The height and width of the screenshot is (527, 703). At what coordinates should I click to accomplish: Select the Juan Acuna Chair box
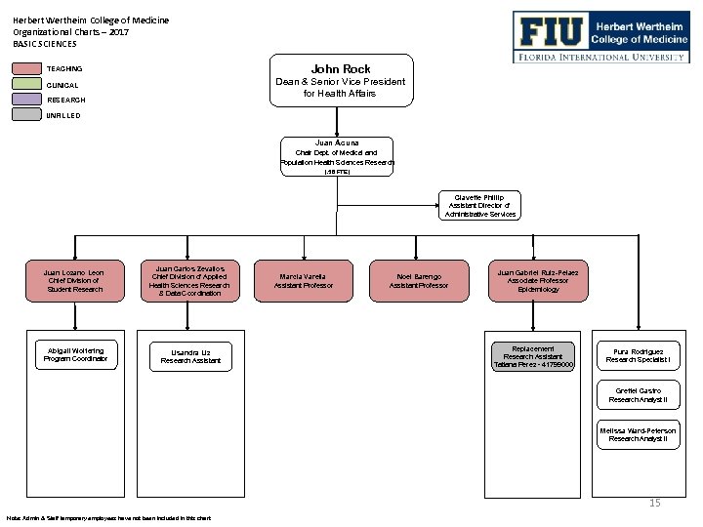[337, 156]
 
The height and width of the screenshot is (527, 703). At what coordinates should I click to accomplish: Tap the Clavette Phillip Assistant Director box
[479, 204]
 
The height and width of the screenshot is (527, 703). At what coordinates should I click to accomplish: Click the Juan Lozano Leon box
[74, 280]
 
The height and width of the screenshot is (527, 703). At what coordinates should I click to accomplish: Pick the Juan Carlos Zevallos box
[189, 280]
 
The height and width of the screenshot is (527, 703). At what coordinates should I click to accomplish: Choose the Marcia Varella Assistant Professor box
[304, 280]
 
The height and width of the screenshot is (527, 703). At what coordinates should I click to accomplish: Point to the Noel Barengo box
[419, 280]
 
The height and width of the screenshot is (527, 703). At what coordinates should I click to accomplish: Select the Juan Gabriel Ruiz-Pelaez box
[538, 280]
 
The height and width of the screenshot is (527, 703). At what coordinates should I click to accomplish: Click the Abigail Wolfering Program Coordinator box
[75, 354]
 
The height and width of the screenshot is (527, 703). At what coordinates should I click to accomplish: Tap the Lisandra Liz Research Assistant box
[190, 355]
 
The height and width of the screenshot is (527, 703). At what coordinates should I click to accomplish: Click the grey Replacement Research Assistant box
[534, 356]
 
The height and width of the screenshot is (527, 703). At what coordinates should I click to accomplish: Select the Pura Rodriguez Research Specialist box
[638, 355]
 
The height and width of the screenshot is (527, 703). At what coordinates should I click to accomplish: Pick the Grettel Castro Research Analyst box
[638, 395]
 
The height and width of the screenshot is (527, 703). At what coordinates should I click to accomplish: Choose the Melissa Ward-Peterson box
[638, 434]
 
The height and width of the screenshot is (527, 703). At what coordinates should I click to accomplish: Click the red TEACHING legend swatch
[26, 69]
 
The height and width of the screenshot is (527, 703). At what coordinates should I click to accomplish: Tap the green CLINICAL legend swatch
[26, 85]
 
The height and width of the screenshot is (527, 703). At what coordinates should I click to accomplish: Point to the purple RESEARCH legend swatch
[26, 100]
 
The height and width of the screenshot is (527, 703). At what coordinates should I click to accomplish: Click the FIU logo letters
[551, 33]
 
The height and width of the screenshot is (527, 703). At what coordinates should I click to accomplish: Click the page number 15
[655, 503]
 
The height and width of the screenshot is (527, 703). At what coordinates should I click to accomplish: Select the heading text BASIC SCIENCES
[45, 44]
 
